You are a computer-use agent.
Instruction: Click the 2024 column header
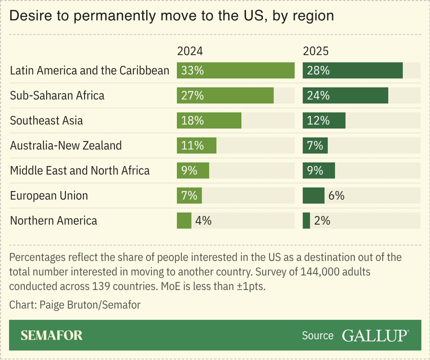pos(190,51)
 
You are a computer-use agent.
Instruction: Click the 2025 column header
pos(316,51)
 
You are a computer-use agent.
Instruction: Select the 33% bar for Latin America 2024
pos(235,71)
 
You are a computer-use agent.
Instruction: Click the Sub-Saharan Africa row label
pos(57,95)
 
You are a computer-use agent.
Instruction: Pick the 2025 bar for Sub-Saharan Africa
pos(345,95)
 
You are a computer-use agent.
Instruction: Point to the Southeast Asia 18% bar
pos(209,120)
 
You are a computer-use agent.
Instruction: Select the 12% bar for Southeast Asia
pos(324,120)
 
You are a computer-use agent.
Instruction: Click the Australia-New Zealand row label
pos(66,145)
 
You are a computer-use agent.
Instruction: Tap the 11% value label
pos(192,145)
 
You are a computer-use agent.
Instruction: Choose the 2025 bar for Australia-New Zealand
pos(315,145)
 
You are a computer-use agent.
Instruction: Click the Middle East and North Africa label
pos(80,171)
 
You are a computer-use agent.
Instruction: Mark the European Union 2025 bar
pos(313,195)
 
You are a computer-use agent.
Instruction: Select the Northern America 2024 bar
pos(184,221)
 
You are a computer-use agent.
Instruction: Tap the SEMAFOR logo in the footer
pos(51,335)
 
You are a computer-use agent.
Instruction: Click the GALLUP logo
pos(375,335)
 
